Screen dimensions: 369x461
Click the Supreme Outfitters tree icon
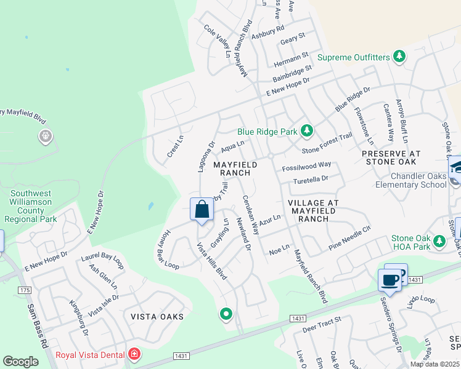(x=399, y=57)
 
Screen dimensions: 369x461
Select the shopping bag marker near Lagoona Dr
(x=202, y=210)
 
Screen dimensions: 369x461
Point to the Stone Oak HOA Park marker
(x=439, y=240)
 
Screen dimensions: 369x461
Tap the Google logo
(x=21, y=361)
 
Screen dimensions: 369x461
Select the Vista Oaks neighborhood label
(x=157, y=316)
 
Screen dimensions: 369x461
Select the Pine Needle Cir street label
(x=349, y=237)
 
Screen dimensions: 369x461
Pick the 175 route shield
(x=25, y=290)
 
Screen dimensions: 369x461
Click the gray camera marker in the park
(x=45, y=136)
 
